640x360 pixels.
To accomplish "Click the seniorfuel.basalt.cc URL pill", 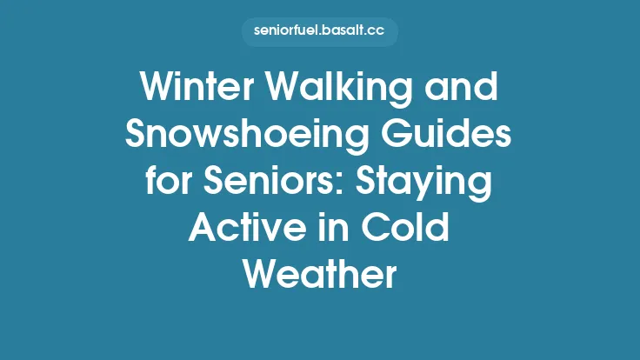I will pyautogui.click(x=320, y=32).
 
